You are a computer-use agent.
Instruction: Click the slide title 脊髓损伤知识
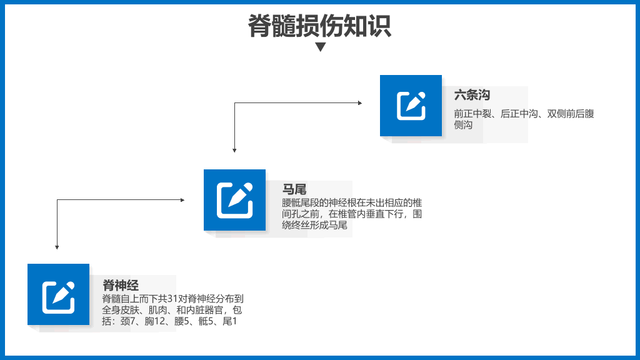click(x=319, y=26)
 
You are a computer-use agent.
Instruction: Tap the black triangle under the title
click(x=321, y=47)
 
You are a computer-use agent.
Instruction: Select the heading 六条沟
click(x=472, y=95)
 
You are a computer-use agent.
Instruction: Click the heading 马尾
click(x=294, y=189)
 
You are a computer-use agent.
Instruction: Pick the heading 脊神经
click(x=121, y=285)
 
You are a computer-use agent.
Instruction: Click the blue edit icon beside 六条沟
click(x=411, y=106)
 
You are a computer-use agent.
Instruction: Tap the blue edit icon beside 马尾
click(x=235, y=200)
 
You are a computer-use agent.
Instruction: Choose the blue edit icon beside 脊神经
click(x=58, y=294)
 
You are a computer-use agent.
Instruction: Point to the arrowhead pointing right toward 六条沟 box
click(x=360, y=103)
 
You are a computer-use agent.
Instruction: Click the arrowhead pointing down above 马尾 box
click(x=234, y=150)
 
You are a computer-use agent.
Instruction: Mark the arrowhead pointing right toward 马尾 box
click(x=182, y=200)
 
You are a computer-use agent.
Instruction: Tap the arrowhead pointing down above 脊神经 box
click(x=57, y=247)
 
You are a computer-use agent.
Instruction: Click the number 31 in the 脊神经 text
click(x=172, y=299)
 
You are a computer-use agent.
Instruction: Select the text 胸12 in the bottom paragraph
click(x=155, y=321)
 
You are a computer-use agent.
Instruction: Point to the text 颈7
click(x=127, y=321)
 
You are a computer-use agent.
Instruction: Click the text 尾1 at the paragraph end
click(x=230, y=321)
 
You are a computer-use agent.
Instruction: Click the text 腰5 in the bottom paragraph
click(x=182, y=321)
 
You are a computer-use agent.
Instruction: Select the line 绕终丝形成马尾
click(x=315, y=225)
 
